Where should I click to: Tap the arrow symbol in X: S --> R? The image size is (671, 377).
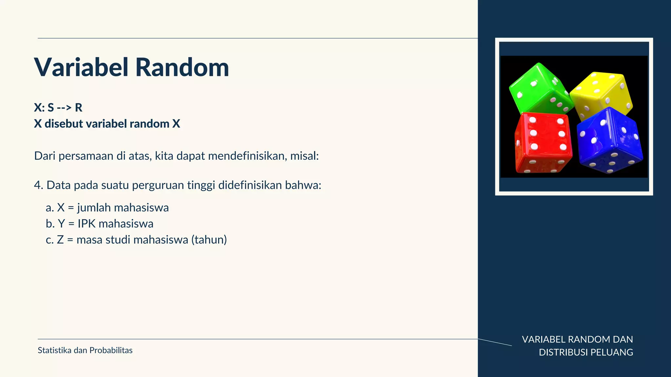click(x=64, y=108)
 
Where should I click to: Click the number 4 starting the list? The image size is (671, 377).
click(x=38, y=185)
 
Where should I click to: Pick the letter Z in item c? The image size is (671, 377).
click(x=60, y=240)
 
